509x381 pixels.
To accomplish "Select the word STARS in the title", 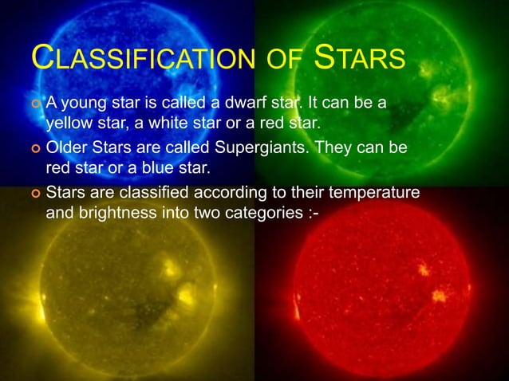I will [x=360, y=59].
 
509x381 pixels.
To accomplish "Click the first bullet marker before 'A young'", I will [x=34, y=104].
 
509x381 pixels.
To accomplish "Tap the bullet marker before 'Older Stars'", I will [x=34, y=149].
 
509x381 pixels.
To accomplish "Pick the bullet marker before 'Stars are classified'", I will [x=34, y=194].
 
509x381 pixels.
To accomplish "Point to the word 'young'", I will [x=85, y=104].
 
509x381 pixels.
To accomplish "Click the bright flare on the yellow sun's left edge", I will [x=37, y=308].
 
